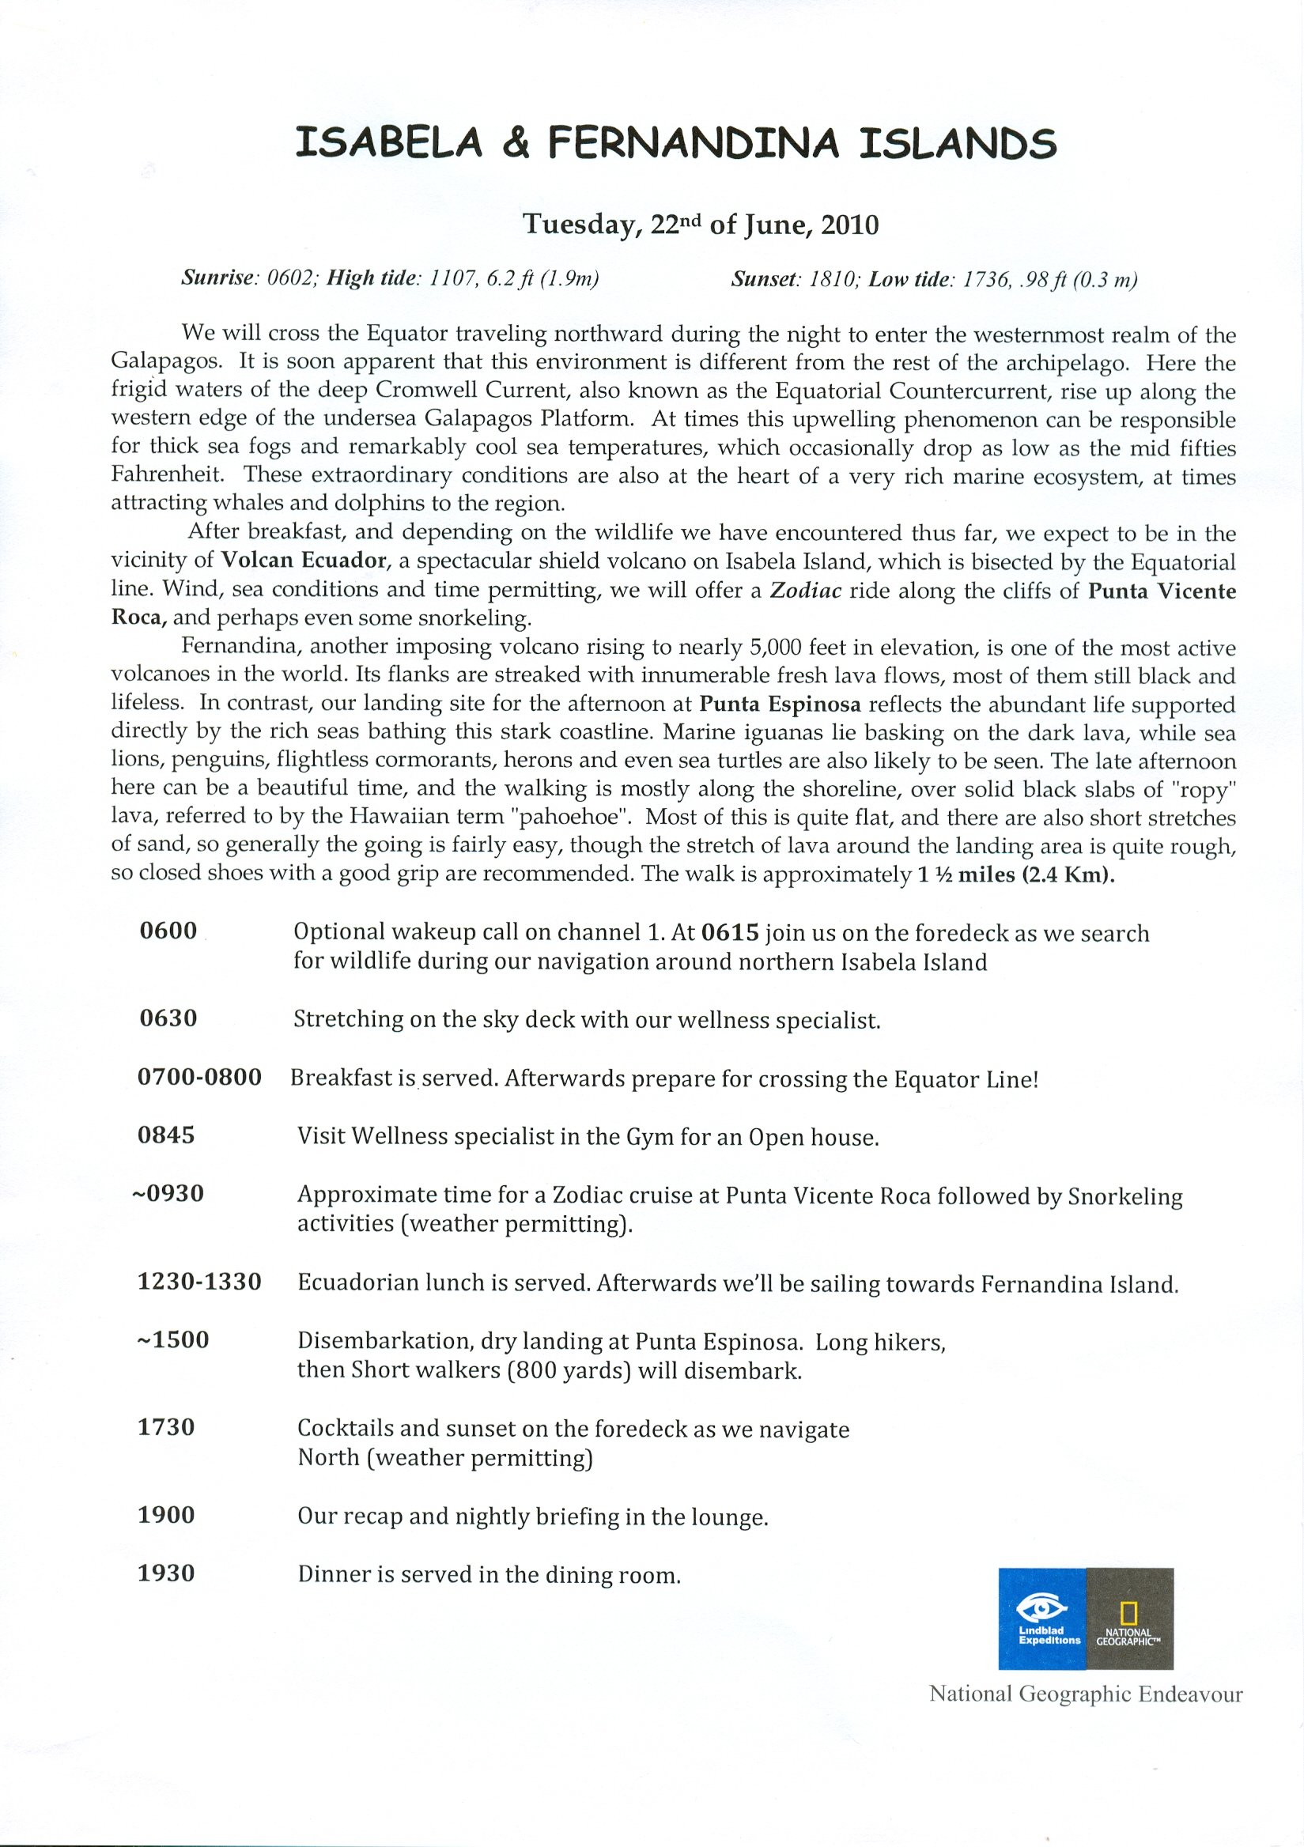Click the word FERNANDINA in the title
694,143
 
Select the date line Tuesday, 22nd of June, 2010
700,225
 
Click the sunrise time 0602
293,278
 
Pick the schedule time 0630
168,1018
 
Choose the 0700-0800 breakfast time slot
199,1077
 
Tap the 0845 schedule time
167,1135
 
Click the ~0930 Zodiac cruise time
168,1194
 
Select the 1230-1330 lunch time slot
199,1282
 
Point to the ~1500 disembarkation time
172,1340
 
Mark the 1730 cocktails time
167,1428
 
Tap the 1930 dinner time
167,1573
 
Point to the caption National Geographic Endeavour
1085,1694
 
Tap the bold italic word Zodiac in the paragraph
805,591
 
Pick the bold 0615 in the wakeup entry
730,932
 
